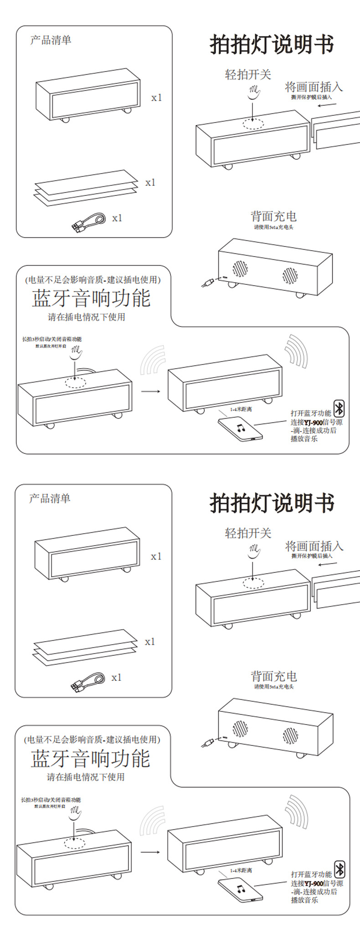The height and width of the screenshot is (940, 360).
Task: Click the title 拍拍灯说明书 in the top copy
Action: (x=272, y=45)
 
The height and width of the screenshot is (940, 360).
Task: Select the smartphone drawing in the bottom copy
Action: (x=240, y=889)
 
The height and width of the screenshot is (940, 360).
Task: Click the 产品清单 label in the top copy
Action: (x=51, y=40)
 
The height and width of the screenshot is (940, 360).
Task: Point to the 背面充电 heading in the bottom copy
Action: (x=273, y=676)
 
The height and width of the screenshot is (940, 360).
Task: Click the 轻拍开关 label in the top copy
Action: (x=248, y=74)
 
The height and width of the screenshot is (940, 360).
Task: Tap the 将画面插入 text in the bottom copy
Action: (x=314, y=546)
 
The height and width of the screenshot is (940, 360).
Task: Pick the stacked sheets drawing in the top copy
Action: (x=86, y=188)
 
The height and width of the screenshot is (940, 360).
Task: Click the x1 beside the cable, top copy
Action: (x=117, y=218)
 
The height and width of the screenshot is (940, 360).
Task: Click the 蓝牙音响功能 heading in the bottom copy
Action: (x=90, y=759)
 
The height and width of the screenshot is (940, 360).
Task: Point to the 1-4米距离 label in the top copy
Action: (x=241, y=409)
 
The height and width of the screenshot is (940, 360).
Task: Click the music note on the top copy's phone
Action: (x=240, y=428)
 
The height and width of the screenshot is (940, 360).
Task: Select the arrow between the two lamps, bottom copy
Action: (x=150, y=852)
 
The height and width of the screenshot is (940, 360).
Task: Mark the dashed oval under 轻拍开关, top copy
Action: (x=253, y=123)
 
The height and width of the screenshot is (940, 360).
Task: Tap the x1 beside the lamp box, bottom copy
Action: (x=156, y=556)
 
